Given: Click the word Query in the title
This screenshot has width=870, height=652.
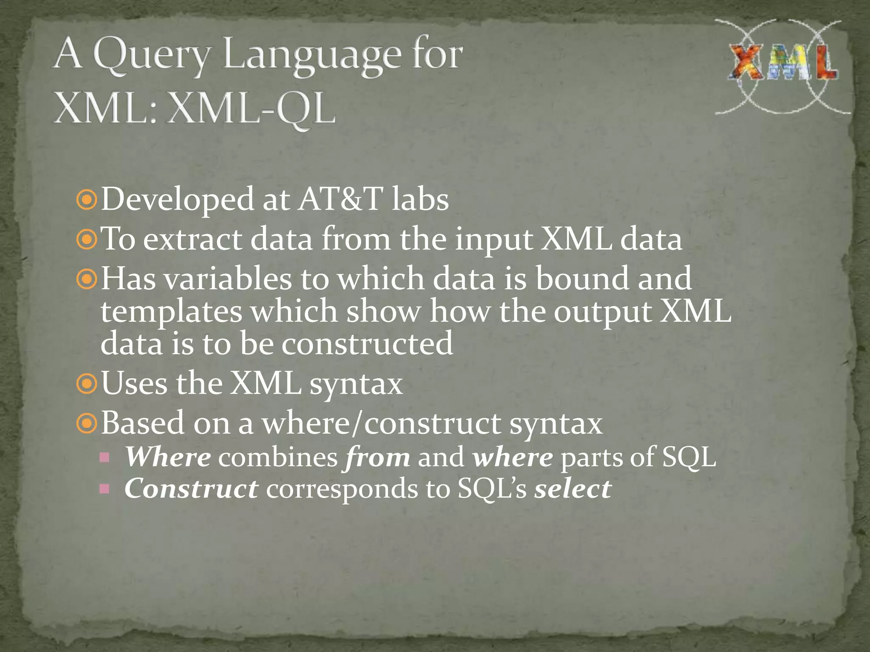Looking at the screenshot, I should [x=151, y=55].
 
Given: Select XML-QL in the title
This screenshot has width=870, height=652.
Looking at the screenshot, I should [x=251, y=108].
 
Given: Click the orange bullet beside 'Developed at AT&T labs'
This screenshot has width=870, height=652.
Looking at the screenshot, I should [x=87, y=200].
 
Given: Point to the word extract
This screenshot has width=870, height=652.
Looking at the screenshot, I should [x=192, y=239].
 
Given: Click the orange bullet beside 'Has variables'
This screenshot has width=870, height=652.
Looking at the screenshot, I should [x=87, y=279].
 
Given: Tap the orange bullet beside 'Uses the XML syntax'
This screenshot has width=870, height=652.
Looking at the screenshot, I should [x=87, y=384].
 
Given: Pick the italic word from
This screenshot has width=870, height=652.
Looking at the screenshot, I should [x=378, y=458].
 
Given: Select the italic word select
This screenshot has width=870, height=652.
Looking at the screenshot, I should [x=573, y=489].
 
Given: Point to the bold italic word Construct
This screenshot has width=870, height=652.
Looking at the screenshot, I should [x=191, y=489].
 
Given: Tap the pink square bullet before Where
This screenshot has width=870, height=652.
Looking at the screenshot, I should [x=105, y=458].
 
